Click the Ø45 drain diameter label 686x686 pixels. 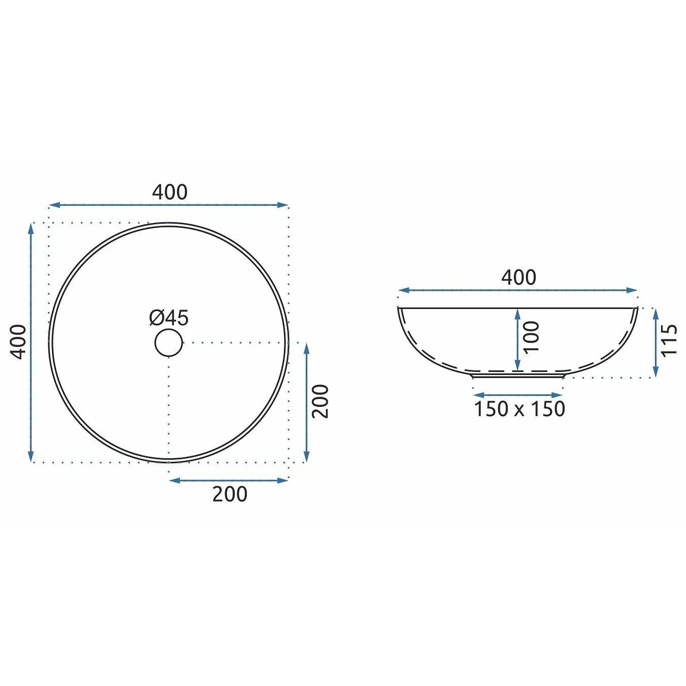coord(169,318)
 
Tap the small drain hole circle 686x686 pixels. coord(169,343)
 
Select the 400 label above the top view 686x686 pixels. coord(170,192)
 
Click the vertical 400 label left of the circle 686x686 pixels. coord(18,342)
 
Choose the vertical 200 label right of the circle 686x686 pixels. coord(321,402)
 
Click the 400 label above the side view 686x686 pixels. coord(518,277)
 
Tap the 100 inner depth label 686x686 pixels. coord(532,336)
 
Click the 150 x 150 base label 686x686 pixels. coord(519,409)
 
